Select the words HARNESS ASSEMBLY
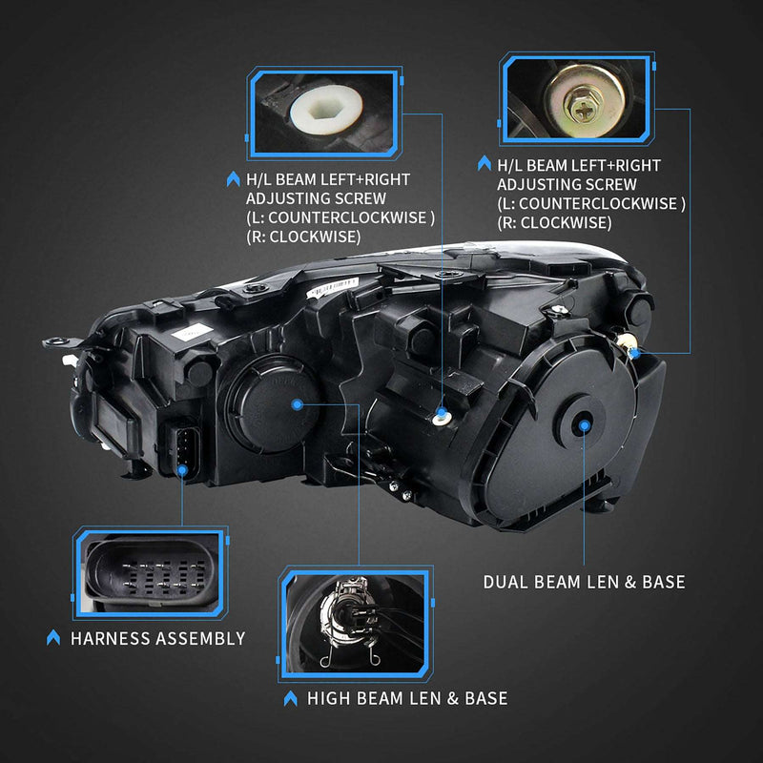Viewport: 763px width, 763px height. [157, 638]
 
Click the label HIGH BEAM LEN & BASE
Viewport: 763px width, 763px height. [406, 698]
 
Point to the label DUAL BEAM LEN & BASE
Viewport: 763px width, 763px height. [584, 582]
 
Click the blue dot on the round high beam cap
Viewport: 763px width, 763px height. [298, 405]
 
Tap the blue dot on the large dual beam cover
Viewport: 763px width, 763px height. [585, 425]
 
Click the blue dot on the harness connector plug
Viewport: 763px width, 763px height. [184, 465]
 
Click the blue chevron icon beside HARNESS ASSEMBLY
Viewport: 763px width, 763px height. [53, 638]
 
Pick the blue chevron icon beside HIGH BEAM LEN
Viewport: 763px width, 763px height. [290, 699]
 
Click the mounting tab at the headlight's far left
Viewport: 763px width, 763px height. [53, 340]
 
